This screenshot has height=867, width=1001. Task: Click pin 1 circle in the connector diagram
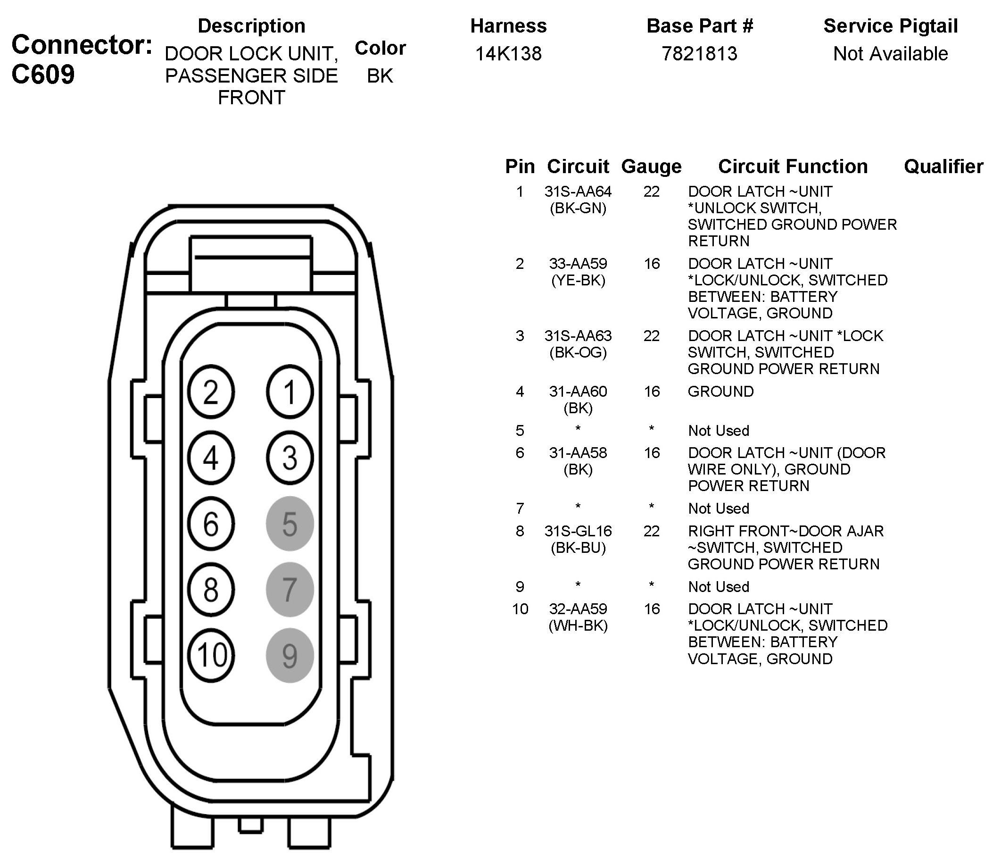290,392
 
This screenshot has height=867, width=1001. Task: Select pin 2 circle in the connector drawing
211,392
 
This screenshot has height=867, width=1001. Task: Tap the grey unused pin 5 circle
290,524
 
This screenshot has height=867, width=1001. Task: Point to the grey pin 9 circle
290,656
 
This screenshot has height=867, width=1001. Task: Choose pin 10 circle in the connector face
211,656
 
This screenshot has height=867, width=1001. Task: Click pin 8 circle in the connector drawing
211,590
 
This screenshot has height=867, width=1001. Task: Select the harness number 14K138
508,54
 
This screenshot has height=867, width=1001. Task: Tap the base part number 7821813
699,54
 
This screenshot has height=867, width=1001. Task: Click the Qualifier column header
943,167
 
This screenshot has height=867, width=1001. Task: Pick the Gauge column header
651,167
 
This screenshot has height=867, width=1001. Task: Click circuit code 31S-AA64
578,192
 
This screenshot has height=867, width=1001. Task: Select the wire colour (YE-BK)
578,280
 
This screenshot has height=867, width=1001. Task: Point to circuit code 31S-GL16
578,531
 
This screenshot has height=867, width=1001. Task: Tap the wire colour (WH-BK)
578,625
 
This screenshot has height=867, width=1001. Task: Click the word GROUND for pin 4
720,392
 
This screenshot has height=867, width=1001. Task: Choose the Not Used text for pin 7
719,509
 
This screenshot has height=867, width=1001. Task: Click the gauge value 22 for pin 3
651,336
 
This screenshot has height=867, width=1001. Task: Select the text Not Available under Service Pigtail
890,54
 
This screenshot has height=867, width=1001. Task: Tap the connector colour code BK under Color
380,76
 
